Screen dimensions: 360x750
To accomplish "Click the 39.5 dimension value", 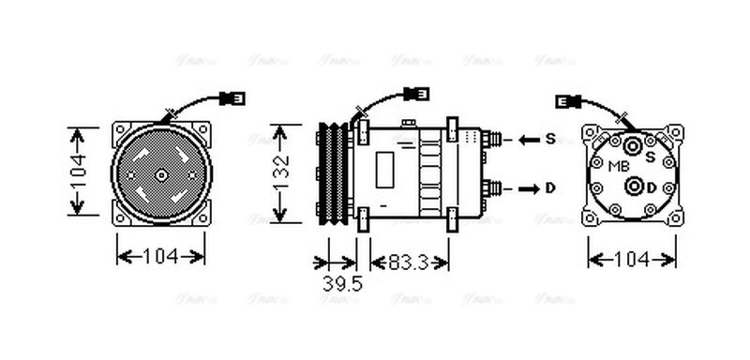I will (x=342, y=283).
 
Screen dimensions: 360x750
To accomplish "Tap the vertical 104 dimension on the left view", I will (x=80, y=172).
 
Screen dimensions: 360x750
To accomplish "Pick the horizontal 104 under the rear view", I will (x=631, y=258).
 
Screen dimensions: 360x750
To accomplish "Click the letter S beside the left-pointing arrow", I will (x=550, y=139).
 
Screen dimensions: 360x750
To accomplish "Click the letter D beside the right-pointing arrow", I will (x=550, y=188).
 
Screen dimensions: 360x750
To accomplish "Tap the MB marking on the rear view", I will (x=619, y=166).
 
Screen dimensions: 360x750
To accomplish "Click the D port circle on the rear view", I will (x=635, y=186).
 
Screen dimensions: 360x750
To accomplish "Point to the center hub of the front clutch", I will (x=160, y=174).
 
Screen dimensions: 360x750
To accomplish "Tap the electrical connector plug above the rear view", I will (x=569, y=101).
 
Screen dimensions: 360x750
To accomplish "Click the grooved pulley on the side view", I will (x=333, y=173).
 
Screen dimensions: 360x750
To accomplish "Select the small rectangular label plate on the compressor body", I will (x=384, y=172).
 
